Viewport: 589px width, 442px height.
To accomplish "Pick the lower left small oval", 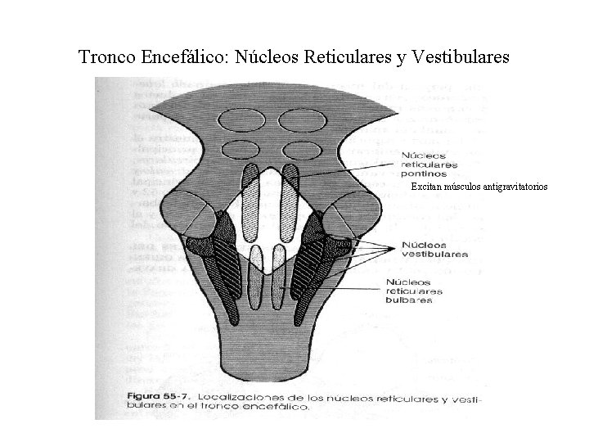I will pos(239,151).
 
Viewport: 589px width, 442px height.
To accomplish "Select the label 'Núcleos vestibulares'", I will pos(434,249).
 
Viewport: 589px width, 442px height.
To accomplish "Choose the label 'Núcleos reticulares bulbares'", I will pos(414,291).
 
